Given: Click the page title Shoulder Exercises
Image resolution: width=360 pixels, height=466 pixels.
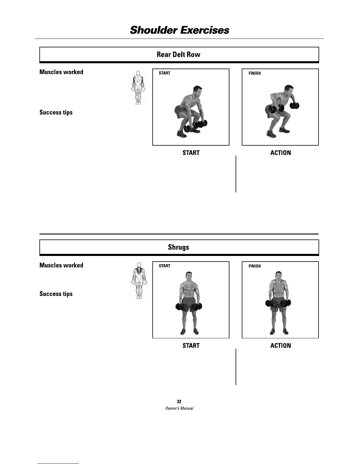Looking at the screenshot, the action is pyautogui.click(x=179, y=30).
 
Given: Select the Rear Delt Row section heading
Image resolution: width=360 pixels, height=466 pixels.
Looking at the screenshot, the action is pyautogui.click(x=179, y=54).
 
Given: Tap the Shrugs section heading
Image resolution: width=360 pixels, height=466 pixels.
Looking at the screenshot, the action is pyautogui.click(x=179, y=247).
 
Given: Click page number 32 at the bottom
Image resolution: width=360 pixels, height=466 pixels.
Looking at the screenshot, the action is pyautogui.click(x=179, y=402).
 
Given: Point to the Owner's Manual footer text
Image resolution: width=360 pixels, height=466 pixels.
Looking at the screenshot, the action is pyautogui.click(x=179, y=408).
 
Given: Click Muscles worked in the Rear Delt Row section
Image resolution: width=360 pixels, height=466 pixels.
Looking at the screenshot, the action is pyautogui.click(x=61, y=72).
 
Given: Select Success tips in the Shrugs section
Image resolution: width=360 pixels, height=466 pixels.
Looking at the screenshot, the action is pyautogui.click(x=56, y=294).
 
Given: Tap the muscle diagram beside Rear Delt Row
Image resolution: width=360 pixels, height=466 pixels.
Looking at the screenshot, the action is pyautogui.click(x=138, y=88).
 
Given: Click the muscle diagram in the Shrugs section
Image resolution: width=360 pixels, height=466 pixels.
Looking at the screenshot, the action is pyautogui.click(x=139, y=281).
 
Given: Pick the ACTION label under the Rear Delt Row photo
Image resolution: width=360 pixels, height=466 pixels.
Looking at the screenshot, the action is pyautogui.click(x=281, y=153).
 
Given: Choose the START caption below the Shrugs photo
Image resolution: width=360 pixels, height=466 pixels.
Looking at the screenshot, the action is pyautogui.click(x=191, y=346).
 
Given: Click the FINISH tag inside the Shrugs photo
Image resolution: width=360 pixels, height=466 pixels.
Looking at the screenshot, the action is pyautogui.click(x=254, y=266).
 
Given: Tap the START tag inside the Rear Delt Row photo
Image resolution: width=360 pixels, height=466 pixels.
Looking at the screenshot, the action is pyautogui.click(x=164, y=73).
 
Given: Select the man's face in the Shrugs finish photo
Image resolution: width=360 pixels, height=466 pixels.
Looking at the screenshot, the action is pyautogui.click(x=278, y=277).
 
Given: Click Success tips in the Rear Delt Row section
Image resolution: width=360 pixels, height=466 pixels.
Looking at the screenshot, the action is pyautogui.click(x=56, y=112).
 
